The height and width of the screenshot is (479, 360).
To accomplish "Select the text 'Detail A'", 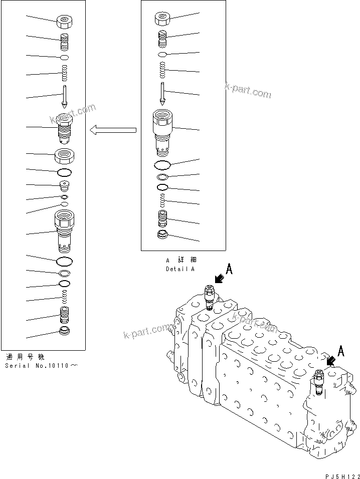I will tap(180, 269).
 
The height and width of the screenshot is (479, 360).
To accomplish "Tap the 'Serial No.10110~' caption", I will tap(42, 365).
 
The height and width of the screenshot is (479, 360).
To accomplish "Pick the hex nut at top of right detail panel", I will tap(162, 19).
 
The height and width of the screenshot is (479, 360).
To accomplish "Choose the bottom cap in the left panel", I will tap(65, 331).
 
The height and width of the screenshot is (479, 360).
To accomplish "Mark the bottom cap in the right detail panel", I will tap(162, 235).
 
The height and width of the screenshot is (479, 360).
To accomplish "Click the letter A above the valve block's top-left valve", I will tap(229, 270).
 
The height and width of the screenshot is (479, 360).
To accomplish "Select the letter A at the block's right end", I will tap(341, 351).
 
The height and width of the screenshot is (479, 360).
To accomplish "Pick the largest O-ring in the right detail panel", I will tap(162, 165).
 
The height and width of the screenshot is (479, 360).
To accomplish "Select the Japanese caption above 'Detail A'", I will tap(181, 260).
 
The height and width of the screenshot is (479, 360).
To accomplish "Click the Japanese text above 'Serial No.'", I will tap(25, 357).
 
